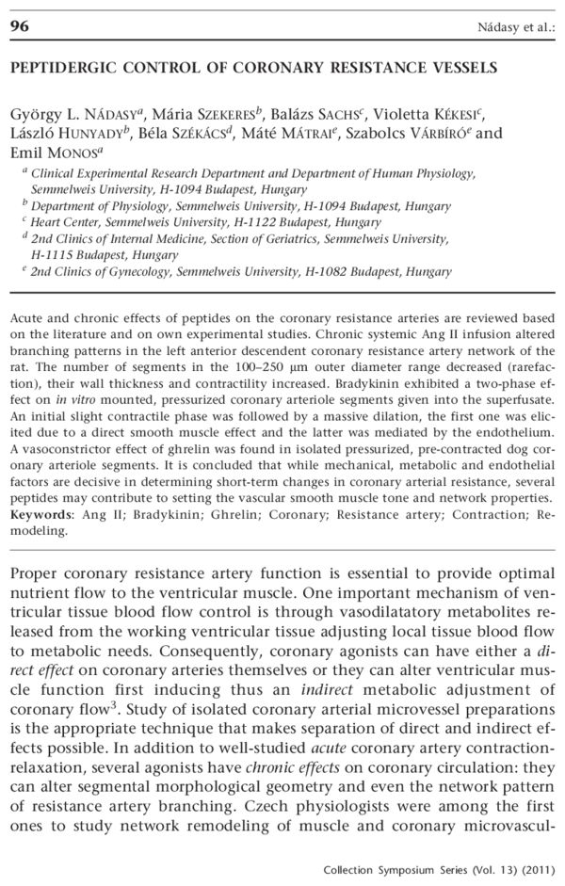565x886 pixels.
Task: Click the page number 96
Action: pos(21,27)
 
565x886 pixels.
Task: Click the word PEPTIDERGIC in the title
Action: pos(57,68)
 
